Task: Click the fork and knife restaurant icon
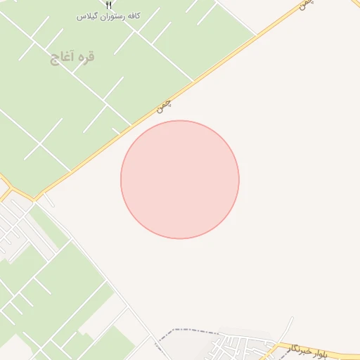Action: (x=108, y=4)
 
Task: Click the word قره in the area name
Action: (x=87, y=57)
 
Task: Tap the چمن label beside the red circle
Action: (x=164, y=106)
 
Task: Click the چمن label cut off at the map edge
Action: (x=304, y=4)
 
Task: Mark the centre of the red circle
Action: (x=180, y=179)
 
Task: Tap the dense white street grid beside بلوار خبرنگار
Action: (x=239, y=346)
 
